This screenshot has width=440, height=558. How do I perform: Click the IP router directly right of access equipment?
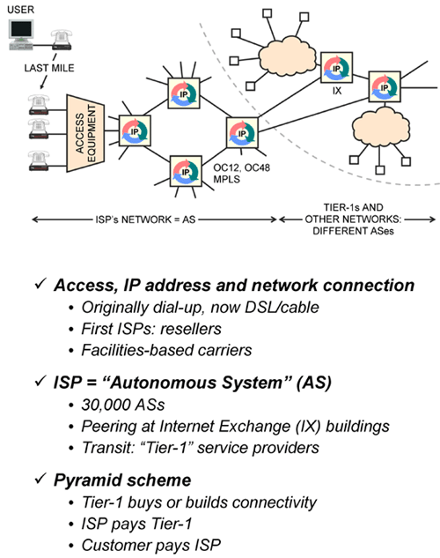135,131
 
